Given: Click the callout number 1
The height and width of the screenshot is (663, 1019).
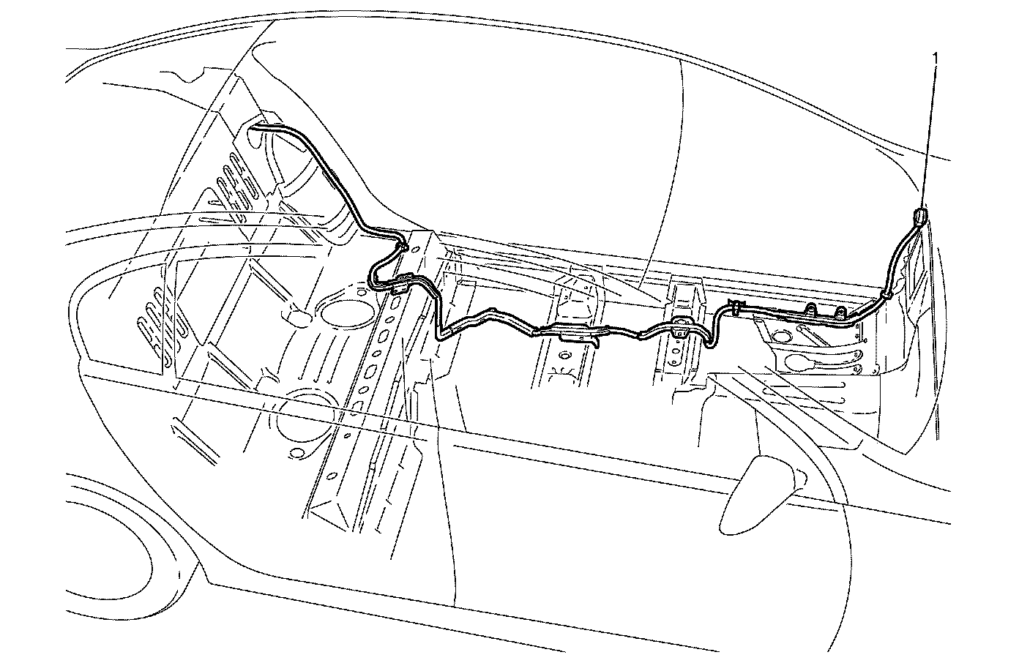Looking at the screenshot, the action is pyautogui.click(x=934, y=54).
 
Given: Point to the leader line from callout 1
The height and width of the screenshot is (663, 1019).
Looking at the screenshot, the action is pyautogui.click(x=928, y=132).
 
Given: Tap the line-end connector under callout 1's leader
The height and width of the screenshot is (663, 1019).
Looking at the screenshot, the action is pyautogui.click(x=919, y=215).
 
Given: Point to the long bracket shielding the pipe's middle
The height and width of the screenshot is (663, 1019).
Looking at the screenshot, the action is pyautogui.click(x=578, y=334).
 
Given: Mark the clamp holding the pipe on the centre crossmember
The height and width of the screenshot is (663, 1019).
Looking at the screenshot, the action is pyautogui.click(x=679, y=326).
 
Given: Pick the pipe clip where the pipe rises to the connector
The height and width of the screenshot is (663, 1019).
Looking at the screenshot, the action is pyautogui.click(x=885, y=294).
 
